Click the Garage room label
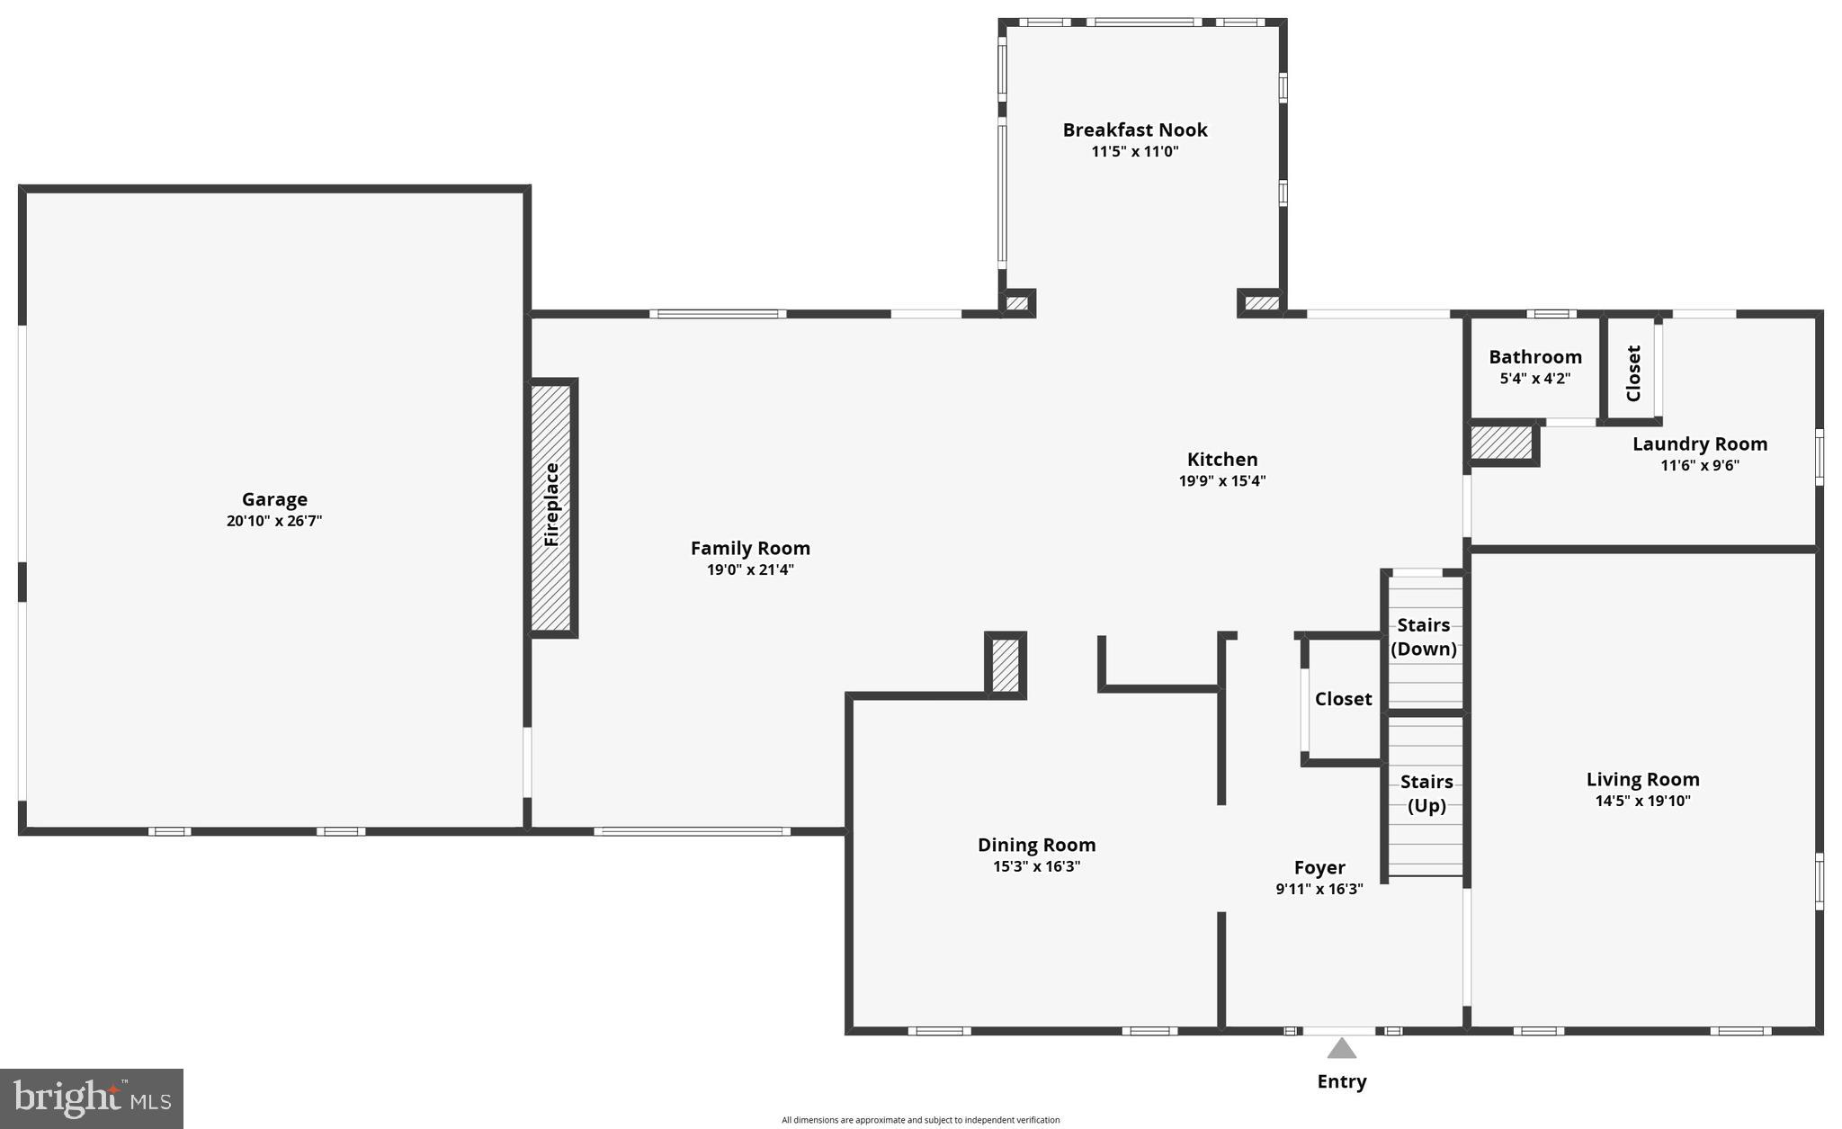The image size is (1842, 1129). click(274, 499)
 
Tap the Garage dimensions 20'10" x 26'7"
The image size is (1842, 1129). click(274, 521)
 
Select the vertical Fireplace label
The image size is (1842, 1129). click(552, 505)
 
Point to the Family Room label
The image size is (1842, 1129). click(750, 548)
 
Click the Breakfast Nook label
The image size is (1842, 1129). click(1135, 130)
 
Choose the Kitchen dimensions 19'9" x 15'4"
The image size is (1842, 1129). click(1222, 481)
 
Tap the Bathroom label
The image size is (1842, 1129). click(1535, 357)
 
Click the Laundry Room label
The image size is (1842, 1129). click(1700, 444)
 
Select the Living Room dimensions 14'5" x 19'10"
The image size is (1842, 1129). click(1642, 802)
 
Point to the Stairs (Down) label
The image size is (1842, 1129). click(1424, 637)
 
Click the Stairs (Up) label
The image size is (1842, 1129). click(1426, 793)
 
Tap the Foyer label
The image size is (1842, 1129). click(1319, 867)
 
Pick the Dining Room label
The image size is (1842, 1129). click(1036, 845)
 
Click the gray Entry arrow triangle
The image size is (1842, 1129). click(1342, 1049)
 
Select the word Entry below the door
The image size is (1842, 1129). click(1342, 1081)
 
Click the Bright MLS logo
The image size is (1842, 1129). click(92, 1098)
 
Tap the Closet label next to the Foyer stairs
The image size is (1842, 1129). click(1344, 699)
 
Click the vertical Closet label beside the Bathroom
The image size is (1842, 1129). click(1634, 373)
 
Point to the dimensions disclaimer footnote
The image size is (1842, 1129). click(920, 1120)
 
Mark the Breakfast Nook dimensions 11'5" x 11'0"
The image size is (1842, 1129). click(1135, 152)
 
